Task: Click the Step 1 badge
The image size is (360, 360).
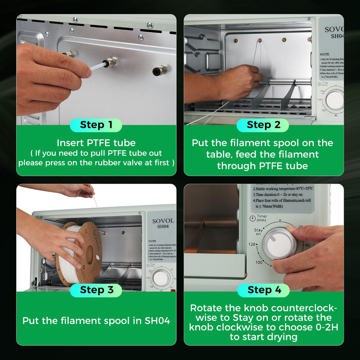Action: coord(96,125)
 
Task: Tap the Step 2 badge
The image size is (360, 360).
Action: coord(263,125)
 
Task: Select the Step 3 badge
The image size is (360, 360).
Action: coord(96,290)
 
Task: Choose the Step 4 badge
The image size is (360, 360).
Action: coord(263,290)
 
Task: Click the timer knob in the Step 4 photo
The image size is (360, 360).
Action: coord(279,243)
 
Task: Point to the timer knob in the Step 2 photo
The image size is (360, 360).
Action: coord(335,100)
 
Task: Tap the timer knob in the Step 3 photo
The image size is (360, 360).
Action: coord(161,278)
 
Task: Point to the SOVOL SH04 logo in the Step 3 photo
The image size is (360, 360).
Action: coord(163,223)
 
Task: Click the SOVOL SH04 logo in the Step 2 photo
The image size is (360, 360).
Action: coord(333,32)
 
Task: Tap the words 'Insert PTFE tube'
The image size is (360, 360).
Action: coord(96,143)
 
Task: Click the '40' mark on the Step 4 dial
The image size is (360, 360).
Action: coord(307,245)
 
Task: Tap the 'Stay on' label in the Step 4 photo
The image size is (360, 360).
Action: coord(258,232)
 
